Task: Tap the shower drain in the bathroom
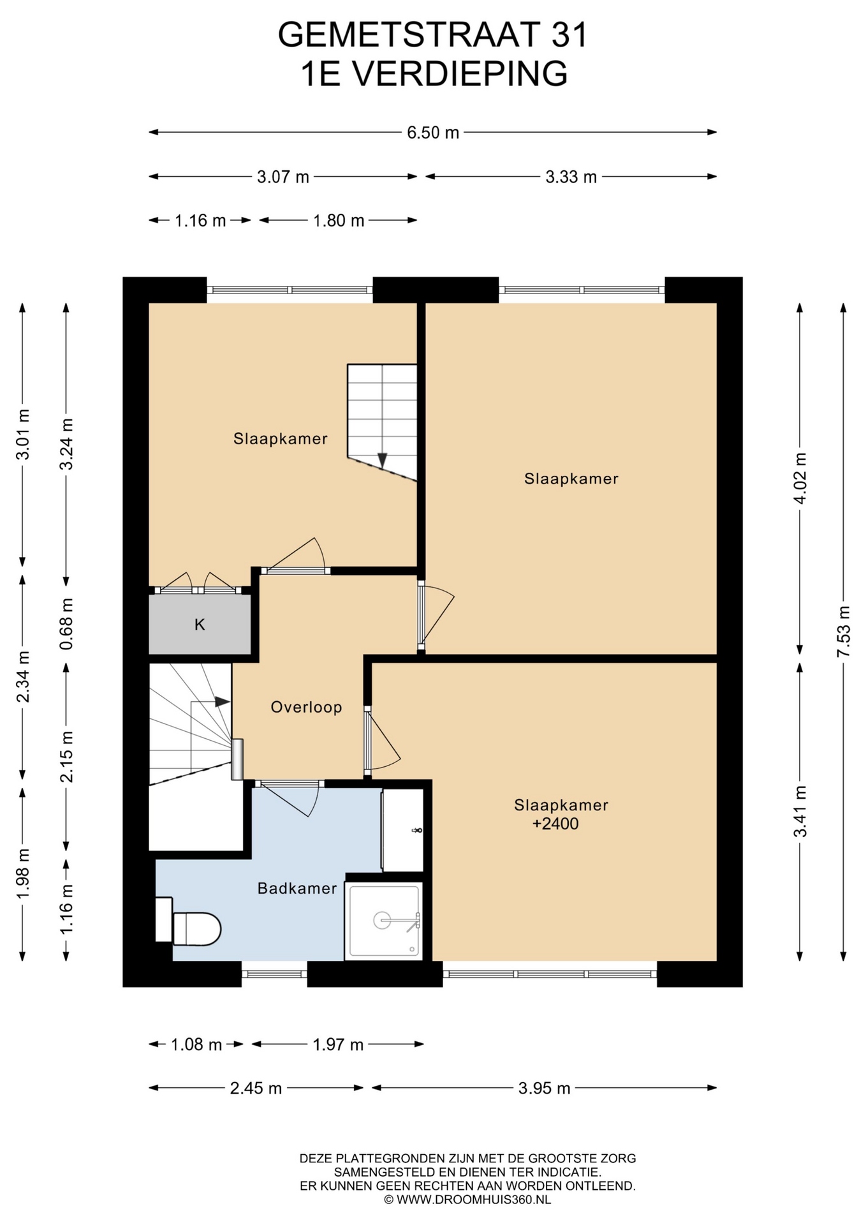point(382,920)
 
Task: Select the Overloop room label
point(306,707)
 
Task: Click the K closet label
point(200,625)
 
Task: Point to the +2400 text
point(555,824)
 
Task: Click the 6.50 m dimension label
point(433,133)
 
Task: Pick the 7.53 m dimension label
point(844,632)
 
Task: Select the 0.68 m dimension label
point(66,624)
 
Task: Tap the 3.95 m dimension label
point(544,1088)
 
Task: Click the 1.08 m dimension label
point(196,1044)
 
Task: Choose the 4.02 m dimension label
point(800,479)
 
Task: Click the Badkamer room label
point(297,888)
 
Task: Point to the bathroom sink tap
point(417,830)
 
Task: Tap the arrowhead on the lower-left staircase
point(222,701)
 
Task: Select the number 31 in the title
point(569,34)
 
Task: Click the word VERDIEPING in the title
point(460,73)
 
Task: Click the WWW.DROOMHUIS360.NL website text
point(474,1199)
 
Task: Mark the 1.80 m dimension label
point(339,221)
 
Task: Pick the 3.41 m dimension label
point(800,812)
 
